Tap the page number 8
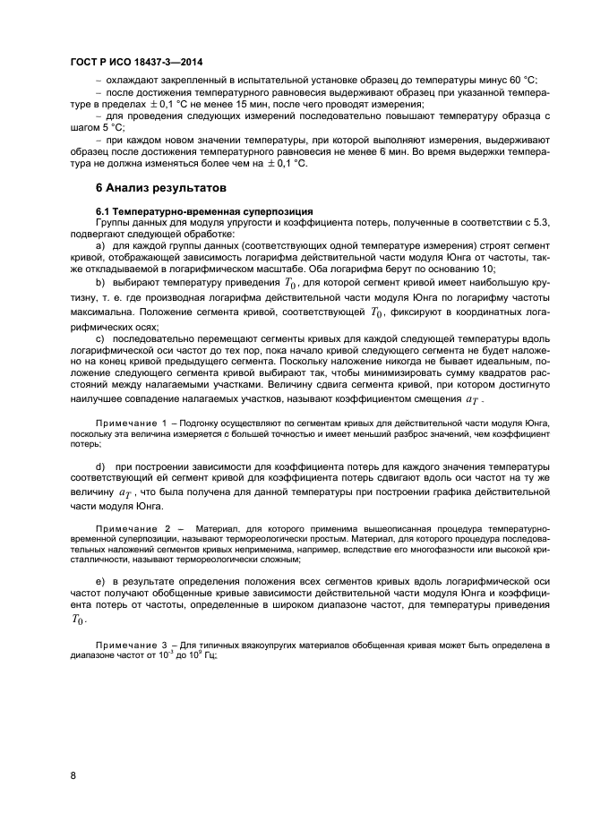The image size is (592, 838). pos(73,774)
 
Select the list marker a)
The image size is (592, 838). pos(100,244)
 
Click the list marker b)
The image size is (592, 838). pos(100,284)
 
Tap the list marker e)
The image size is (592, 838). pos(100,583)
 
